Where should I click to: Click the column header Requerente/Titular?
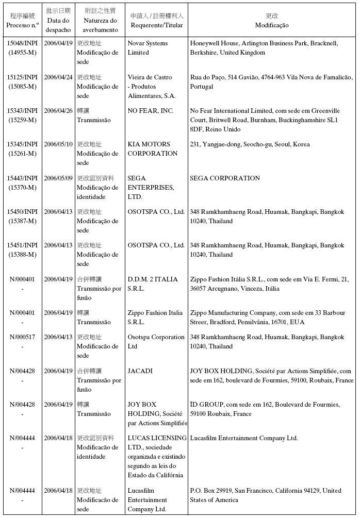coord(156,25)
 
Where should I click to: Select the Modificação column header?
coord(271,25)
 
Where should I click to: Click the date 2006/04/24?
coord(58,77)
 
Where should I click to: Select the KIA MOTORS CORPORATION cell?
coord(152,149)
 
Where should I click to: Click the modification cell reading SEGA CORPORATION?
coord(225,178)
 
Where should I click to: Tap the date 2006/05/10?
coord(58,144)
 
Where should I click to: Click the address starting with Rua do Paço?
coord(271,82)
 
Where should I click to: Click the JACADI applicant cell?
coord(140,371)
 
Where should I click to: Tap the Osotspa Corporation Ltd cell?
coord(156,342)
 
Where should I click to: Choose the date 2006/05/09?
coord(58,178)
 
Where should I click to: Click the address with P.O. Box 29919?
coord(266,495)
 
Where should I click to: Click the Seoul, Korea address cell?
coord(250,144)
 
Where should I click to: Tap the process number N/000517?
coord(23,337)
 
